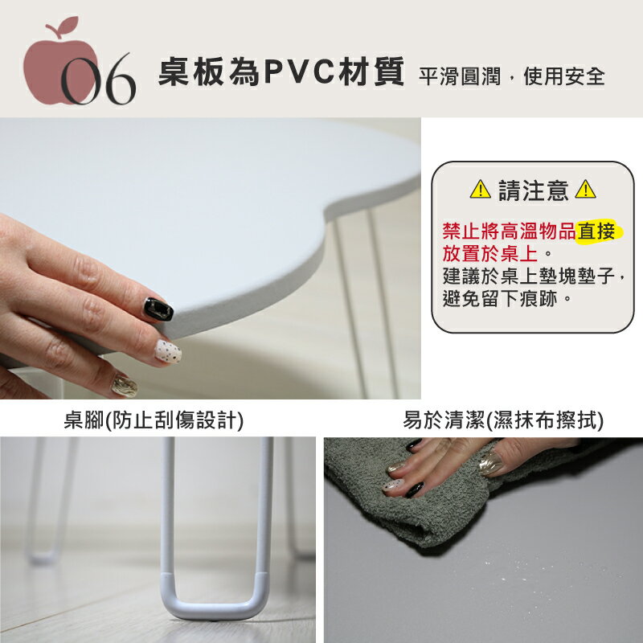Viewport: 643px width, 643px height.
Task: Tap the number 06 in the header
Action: (98, 79)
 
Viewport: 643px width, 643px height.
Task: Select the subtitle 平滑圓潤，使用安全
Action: (512, 76)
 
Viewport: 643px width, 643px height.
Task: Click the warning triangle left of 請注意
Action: (480, 190)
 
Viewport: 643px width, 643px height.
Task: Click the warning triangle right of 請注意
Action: (585, 190)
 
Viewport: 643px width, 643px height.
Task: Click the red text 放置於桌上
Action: (490, 254)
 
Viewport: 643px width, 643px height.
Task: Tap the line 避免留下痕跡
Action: (500, 298)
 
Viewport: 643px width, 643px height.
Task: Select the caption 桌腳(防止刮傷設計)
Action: (154, 420)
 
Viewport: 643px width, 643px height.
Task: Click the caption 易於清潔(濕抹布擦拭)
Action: (503, 420)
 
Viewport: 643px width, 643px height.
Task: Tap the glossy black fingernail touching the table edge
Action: (158, 309)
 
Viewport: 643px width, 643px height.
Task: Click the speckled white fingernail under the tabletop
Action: (168, 351)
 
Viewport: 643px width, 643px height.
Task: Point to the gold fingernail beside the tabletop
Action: (125, 386)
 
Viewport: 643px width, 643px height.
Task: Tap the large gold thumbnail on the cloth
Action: (490, 464)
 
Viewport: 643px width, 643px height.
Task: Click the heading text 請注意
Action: (533, 190)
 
